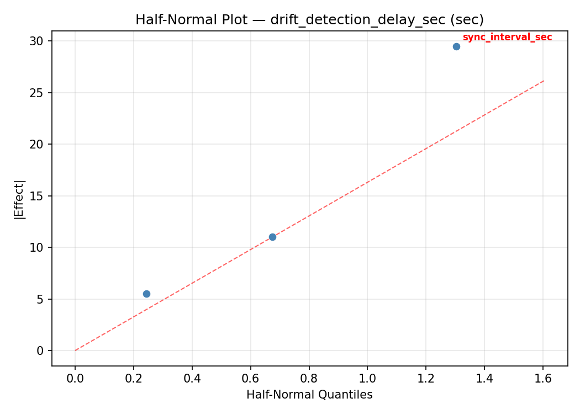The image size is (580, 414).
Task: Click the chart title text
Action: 309,20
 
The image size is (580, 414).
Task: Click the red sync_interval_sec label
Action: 507,38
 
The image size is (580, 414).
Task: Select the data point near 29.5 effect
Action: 456,46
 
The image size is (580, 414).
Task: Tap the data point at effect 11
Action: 272,237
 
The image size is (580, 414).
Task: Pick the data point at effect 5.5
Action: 146,294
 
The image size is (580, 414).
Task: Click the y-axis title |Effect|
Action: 20,199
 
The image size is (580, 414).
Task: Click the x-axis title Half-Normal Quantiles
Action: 309,395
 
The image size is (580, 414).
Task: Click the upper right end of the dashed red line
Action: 544,81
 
